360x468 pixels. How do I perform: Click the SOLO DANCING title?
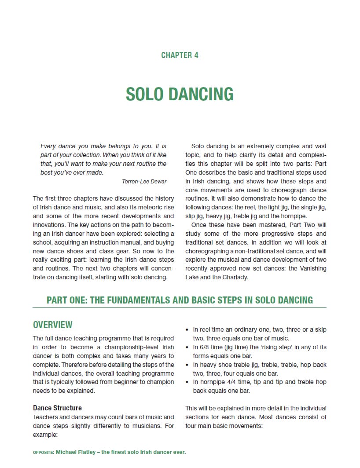tap(180, 94)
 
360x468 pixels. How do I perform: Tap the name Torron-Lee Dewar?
tap(144, 181)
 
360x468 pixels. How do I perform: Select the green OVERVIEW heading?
tap(53, 325)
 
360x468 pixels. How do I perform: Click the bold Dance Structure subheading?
tap(57, 408)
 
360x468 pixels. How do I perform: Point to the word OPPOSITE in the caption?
tap(43, 452)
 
